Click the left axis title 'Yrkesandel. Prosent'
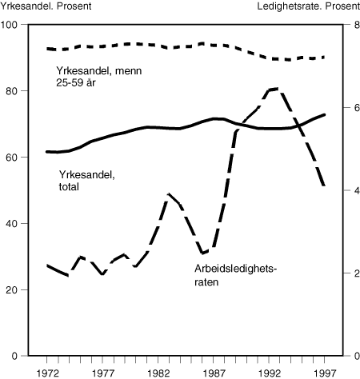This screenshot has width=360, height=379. (x=46, y=7)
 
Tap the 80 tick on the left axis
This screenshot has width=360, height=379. (x=12, y=91)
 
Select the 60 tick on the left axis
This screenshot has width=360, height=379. (x=12, y=158)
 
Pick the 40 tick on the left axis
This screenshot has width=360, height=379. (x=12, y=224)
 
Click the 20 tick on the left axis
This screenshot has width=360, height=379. (x=12, y=289)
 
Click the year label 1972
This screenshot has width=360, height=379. (x=47, y=373)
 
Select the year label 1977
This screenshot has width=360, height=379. (x=103, y=373)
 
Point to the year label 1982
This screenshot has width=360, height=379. (x=158, y=373)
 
